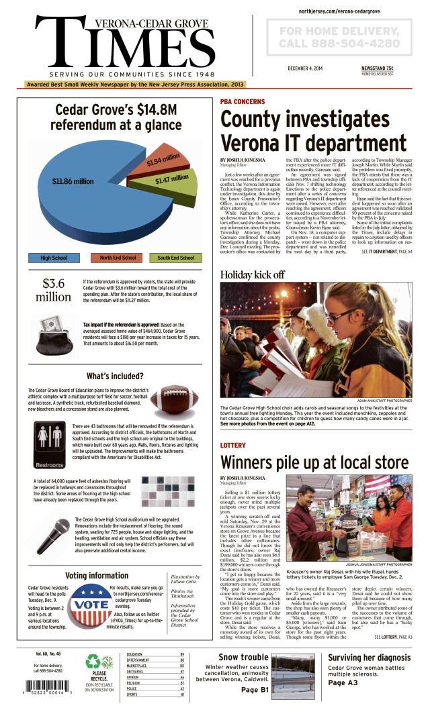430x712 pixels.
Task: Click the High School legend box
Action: pyautogui.click(x=54, y=258)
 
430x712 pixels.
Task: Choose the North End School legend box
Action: pyautogui.click(x=118, y=258)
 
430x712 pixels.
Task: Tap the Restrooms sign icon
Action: pyautogui.click(x=49, y=445)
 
